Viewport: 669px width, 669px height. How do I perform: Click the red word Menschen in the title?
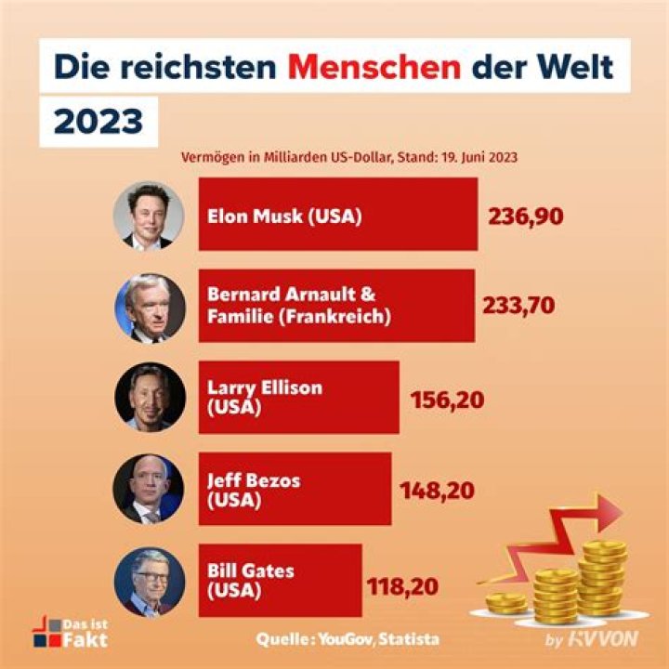coord(373,66)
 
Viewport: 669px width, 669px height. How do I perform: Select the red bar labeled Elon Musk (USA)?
coord(337,216)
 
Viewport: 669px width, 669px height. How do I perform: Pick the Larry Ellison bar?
coord(298,397)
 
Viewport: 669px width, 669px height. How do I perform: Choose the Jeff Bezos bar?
coord(295,489)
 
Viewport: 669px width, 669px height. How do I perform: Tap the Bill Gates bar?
coord(279,580)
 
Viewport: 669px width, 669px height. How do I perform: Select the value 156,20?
coord(447,399)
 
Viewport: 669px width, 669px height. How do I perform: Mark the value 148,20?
coord(439,490)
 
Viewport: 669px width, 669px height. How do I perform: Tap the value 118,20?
coord(401,585)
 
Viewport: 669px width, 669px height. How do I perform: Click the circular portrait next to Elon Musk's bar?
coord(145,215)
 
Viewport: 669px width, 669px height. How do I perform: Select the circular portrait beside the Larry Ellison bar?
coord(145,397)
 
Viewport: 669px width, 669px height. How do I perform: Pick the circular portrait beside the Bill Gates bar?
coord(145,582)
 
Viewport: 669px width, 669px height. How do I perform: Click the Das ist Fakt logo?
coord(71,632)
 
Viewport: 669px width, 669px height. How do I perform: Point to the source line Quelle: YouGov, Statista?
coord(348,639)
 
